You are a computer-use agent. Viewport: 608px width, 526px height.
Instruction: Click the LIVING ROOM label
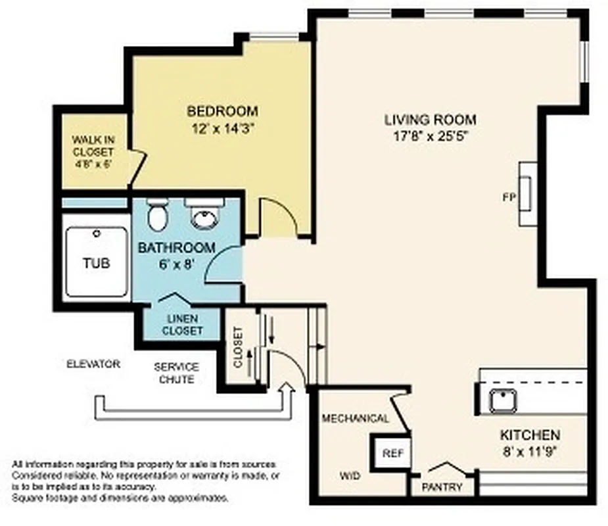(430, 120)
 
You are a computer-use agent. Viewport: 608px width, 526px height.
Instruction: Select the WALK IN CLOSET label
(92, 151)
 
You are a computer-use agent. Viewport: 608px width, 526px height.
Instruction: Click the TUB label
(96, 264)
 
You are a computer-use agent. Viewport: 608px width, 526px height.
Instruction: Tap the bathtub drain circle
(97, 233)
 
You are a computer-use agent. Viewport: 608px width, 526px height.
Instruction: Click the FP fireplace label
(508, 197)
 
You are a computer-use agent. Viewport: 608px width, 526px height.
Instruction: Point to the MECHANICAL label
(355, 418)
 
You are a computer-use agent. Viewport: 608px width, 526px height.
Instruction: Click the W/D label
(350, 475)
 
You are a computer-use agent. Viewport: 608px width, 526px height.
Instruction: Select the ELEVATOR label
(93, 364)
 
